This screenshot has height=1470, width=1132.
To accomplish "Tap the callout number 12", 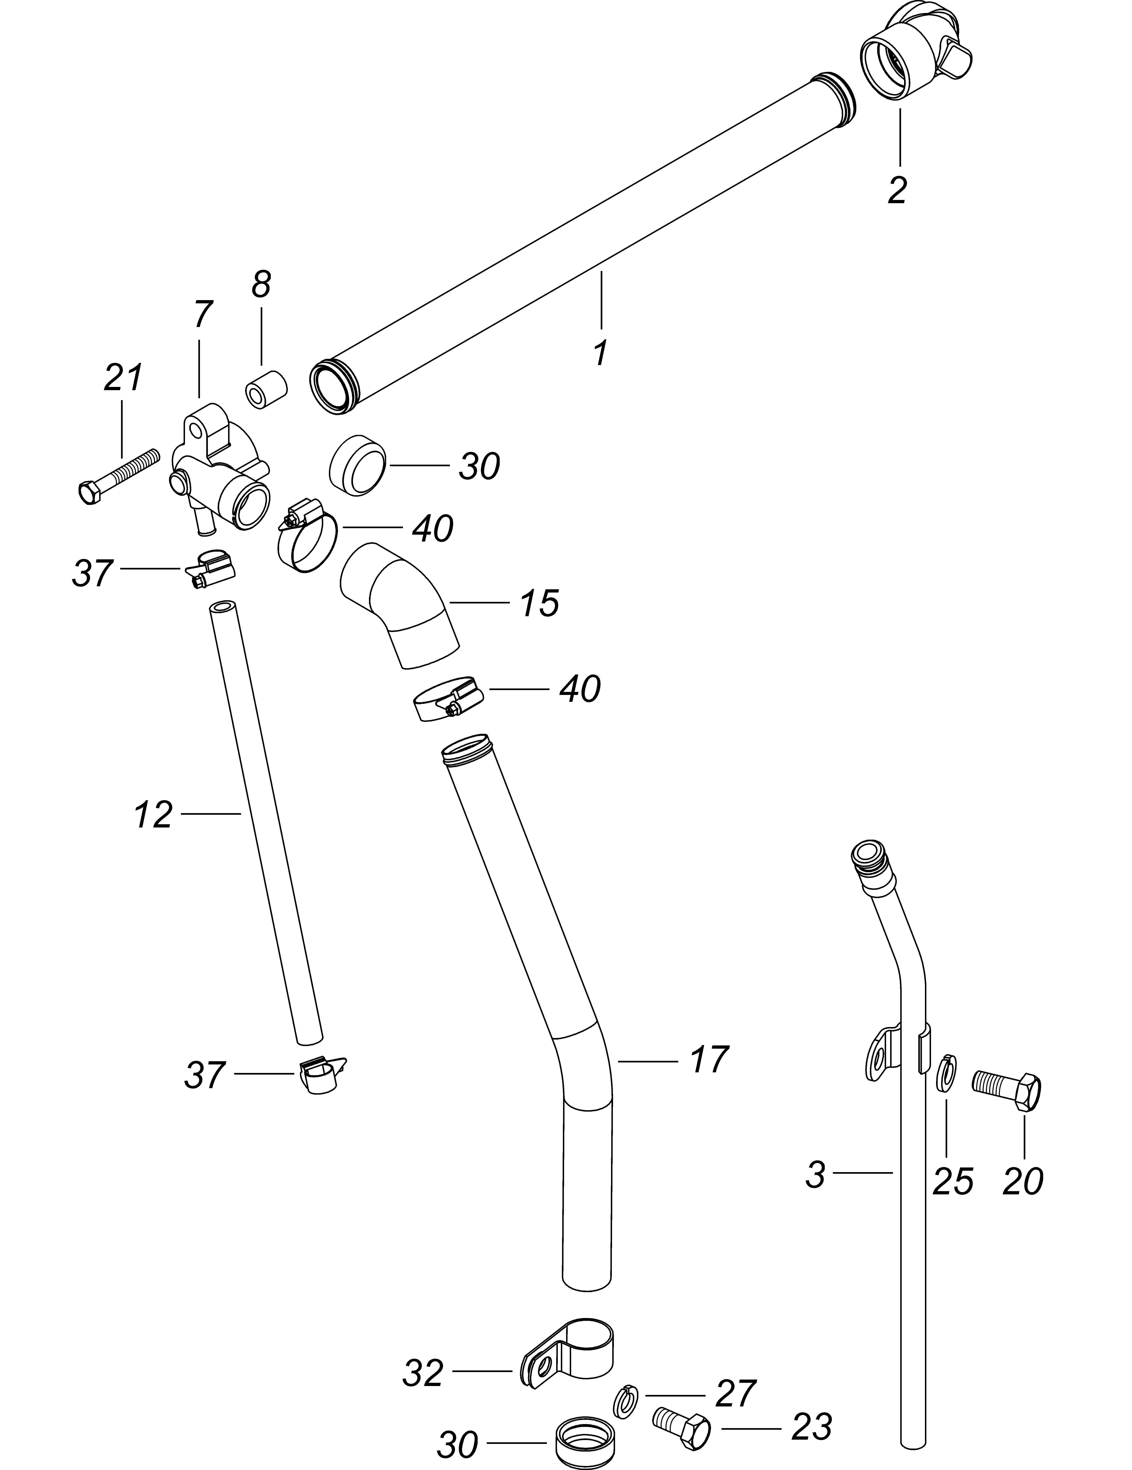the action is pos(153,815).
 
